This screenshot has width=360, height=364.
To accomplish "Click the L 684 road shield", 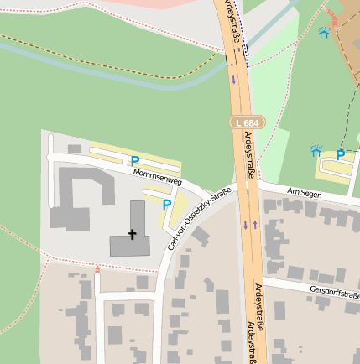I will click(246, 122).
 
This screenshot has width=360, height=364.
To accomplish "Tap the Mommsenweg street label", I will click(157, 175).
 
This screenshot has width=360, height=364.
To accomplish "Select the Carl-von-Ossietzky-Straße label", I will click(200, 219).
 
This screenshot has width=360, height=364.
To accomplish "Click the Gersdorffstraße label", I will click(334, 294).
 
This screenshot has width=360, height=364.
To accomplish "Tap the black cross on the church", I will click(131, 235).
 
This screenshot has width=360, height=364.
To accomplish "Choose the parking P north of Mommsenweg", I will click(134, 161).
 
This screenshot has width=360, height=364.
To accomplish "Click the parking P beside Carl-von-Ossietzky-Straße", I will click(166, 204).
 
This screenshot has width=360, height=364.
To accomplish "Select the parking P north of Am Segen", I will click(341, 155).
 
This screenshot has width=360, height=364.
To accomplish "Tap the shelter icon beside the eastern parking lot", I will click(316, 151).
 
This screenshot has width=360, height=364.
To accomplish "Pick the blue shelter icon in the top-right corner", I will click(324, 33).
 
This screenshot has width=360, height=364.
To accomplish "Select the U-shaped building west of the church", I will click(81, 198).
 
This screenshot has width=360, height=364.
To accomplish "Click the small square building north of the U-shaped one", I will click(75, 149).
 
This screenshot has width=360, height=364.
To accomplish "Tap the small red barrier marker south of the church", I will click(97, 269).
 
